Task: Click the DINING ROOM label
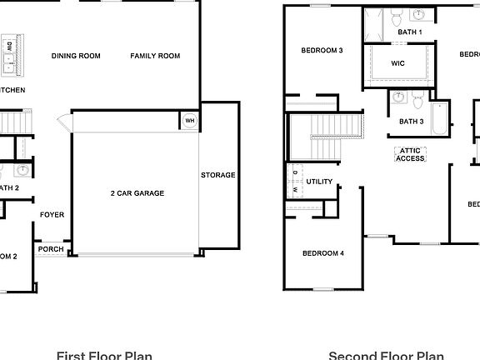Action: coord(76,56)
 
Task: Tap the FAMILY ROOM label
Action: coord(155,56)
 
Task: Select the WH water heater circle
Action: coord(189,121)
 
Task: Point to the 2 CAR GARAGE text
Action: coord(137,193)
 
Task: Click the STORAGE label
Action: coord(218,175)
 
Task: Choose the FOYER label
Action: coord(52,215)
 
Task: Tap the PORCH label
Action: coord(51,249)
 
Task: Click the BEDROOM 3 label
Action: coord(322,50)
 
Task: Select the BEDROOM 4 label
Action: coord(323,253)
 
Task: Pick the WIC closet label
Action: coord(398,63)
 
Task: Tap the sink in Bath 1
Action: coord(419,15)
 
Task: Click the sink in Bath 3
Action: coord(399,98)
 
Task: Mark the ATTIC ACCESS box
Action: coord(410,154)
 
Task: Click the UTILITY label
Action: coord(319,182)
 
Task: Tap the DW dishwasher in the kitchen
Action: coord(8,46)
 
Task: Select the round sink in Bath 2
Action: coord(23,171)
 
